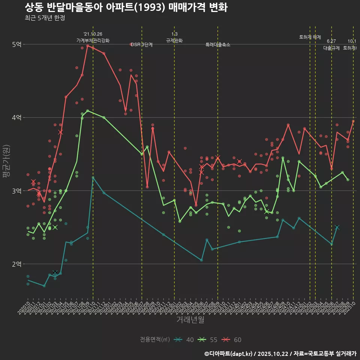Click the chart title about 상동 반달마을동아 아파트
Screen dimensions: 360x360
point(126,7)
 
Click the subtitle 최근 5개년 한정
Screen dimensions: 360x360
point(45,18)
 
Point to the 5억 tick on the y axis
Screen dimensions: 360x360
point(17,45)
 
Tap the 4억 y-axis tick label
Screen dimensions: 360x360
point(17,118)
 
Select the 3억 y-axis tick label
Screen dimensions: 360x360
point(17,191)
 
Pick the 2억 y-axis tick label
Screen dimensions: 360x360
point(17,264)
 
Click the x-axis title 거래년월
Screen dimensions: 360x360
point(190,319)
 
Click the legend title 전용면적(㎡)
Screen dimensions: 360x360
point(154,340)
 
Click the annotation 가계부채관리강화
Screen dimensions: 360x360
point(93,40)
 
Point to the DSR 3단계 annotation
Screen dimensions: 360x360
point(142,45)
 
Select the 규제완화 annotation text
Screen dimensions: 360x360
point(174,40)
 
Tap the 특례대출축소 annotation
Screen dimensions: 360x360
point(218,45)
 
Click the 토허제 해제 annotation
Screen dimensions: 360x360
point(310,37)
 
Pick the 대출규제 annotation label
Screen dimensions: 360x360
point(331,48)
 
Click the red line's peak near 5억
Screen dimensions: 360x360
point(87,46)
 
